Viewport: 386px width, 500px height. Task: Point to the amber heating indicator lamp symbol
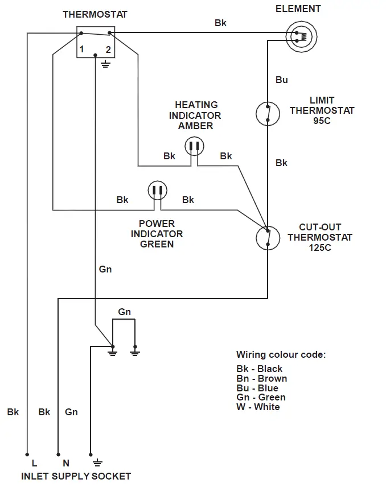(194, 147)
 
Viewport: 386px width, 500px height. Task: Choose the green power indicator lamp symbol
(157, 191)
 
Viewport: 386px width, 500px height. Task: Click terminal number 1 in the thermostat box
(82, 49)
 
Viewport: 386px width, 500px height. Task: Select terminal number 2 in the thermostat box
(108, 49)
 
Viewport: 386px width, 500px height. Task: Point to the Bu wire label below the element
(281, 80)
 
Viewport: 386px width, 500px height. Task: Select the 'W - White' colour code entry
(258, 407)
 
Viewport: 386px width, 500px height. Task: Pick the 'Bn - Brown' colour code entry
(261, 378)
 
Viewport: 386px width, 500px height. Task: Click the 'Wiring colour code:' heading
(281, 354)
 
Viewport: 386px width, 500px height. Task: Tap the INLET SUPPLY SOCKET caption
(76, 476)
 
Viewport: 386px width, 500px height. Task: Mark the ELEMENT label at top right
(298, 9)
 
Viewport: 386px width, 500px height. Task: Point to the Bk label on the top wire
(220, 23)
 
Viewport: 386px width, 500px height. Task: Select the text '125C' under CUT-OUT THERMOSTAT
(319, 248)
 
